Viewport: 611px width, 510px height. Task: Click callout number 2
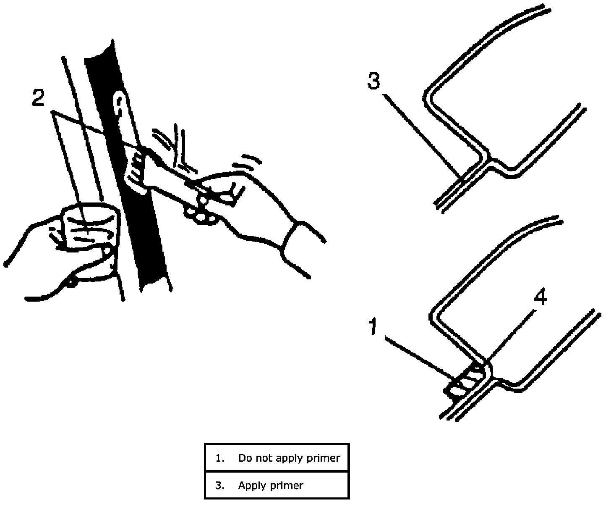pos(38,98)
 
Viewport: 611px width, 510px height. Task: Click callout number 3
pos(373,81)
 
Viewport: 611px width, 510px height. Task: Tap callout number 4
pos(540,298)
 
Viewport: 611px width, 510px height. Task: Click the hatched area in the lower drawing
pos(466,380)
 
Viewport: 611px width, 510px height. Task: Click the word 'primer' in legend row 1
pos(323,458)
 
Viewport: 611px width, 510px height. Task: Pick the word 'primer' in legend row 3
pos(287,486)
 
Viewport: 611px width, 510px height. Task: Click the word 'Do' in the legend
pos(244,458)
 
